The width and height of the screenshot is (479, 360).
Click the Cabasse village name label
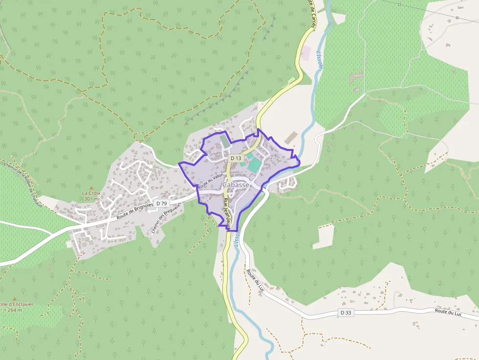coord(236,185)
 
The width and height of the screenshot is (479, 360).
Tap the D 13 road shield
coord(236,158)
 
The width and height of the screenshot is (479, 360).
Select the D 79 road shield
coord(162,203)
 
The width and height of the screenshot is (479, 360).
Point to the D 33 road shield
coord(346,313)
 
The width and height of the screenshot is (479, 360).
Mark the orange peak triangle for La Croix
coord(91,188)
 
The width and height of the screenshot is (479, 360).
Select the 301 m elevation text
coord(91,199)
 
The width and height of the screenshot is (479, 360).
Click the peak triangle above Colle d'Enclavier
coord(15,298)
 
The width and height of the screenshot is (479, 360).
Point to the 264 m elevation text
coord(15,310)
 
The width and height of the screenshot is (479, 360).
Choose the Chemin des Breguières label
coord(162,219)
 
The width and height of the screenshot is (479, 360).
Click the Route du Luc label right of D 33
coord(448,311)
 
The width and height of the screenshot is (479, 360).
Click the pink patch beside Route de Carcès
coord(305,53)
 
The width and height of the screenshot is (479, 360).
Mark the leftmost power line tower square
coord(399,4)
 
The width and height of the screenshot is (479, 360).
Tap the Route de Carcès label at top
coord(312,12)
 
